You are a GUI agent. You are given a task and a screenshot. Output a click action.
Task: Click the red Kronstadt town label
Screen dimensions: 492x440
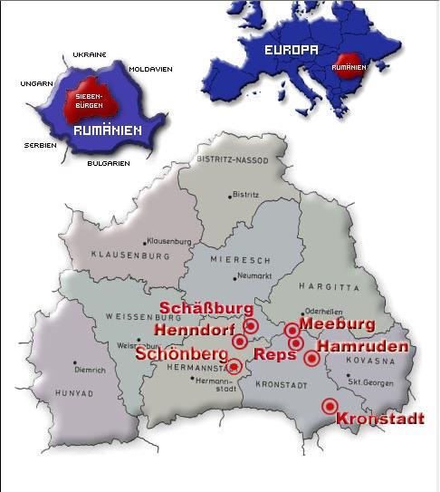tap(379, 419)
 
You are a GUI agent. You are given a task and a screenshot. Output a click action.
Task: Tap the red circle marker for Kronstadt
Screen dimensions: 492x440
tap(330, 406)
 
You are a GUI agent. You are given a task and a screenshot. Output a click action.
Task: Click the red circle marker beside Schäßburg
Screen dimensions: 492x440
tap(252, 325)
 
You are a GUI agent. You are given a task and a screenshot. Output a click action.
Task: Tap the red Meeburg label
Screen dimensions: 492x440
tap(337, 323)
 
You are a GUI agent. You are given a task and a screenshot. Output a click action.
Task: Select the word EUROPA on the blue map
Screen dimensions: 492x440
tap(291, 51)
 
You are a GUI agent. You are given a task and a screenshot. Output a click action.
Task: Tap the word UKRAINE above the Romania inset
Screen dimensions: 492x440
tap(91, 54)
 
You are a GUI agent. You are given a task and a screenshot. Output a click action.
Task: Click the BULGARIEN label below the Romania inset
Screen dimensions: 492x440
tap(108, 163)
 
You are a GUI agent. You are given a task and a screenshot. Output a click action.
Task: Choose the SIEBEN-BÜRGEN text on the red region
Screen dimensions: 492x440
tap(88, 100)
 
